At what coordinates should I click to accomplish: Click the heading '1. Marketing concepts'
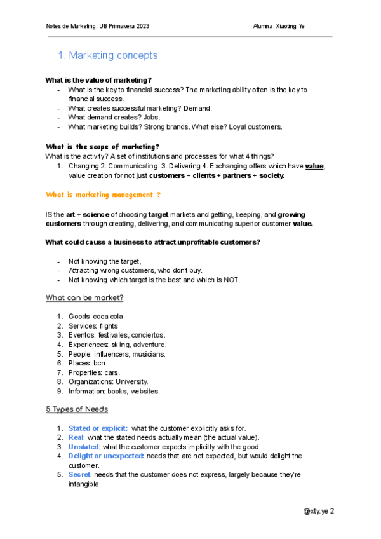107,56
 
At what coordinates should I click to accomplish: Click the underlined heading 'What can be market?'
84,297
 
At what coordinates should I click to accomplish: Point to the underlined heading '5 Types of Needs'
77,409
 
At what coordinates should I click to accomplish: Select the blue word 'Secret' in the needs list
79,475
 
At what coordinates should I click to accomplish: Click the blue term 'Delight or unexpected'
106,456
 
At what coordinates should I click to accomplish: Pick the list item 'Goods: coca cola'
96,317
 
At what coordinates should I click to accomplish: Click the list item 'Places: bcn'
86,363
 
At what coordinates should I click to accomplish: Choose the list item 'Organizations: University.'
108,381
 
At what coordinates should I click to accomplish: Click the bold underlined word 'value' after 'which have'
314,166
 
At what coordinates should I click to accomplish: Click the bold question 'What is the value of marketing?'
98,80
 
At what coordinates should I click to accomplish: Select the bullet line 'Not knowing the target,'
104,261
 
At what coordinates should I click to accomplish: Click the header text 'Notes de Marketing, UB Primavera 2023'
98,26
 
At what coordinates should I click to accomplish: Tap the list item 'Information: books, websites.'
114,391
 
